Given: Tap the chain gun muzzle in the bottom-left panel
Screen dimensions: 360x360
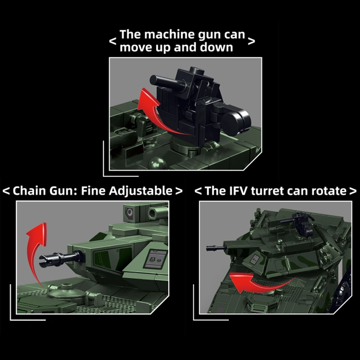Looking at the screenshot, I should (x=49, y=258).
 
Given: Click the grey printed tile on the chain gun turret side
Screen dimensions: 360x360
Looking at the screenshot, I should (x=156, y=258).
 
